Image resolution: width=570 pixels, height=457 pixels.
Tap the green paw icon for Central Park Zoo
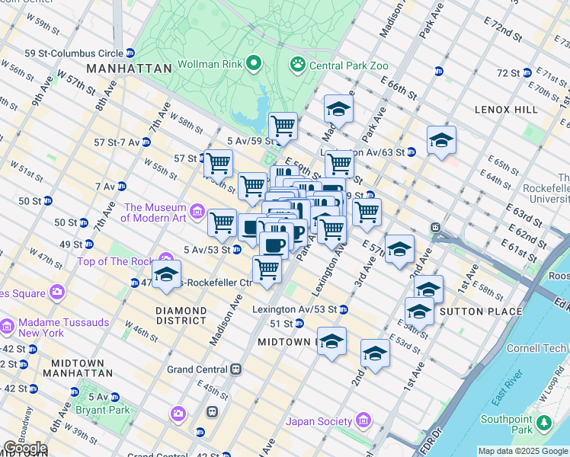(297, 65)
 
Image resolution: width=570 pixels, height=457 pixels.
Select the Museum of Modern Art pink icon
(197, 210)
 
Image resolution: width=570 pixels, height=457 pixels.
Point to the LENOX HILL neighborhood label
(506, 110)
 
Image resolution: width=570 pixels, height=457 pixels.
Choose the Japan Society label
(319, 421)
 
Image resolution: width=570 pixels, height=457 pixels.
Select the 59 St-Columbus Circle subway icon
(130, 53)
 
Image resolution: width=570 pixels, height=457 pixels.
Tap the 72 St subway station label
(508, 73)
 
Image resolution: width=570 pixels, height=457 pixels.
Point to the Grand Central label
(198, 369)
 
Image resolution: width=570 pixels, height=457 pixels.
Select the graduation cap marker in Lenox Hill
(441, 139)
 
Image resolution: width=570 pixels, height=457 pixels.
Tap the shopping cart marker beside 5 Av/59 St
(283, 124)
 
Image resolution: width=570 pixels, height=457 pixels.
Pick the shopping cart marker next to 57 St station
(218, 161)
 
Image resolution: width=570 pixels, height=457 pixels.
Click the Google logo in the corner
(24, 448)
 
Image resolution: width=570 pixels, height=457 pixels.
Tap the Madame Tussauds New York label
(51, 327)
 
